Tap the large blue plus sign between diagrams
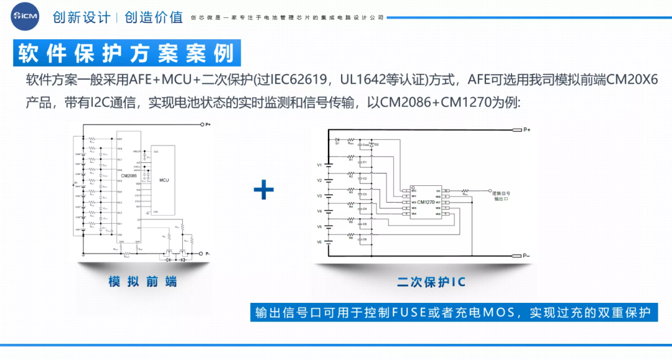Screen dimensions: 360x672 pyautogui.click(x=264, y=190)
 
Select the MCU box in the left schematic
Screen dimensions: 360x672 pyautogui.click(x=164, y=180)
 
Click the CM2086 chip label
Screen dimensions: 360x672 pyautogui.click(x=129, y=176)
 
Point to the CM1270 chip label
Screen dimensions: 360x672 pyautogui.click(x=426, y=202)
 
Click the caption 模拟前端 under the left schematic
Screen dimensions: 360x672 pyautogui.click(x=142, y=282)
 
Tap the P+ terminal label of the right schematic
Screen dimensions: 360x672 pyautogui.click(x=526, y=130)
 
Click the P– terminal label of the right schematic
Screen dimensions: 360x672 pyautogui.click(x=526, y=256)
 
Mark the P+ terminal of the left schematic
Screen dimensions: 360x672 pyautogui.click(x=208, y=125)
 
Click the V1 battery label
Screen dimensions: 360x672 pyautogui.click(x=319, y=165)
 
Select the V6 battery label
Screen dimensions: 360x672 pyautogui.click(x=319, y=242)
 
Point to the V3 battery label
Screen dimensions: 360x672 pyautogui.click(x=319, y=196)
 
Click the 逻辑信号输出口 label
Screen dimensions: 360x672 pyautogui.click(x=501, y=196)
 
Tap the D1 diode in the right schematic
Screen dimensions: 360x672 pyautogui.click(x=337, y=140)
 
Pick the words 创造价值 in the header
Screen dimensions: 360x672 pyautogui.click(x=154, y=17)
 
